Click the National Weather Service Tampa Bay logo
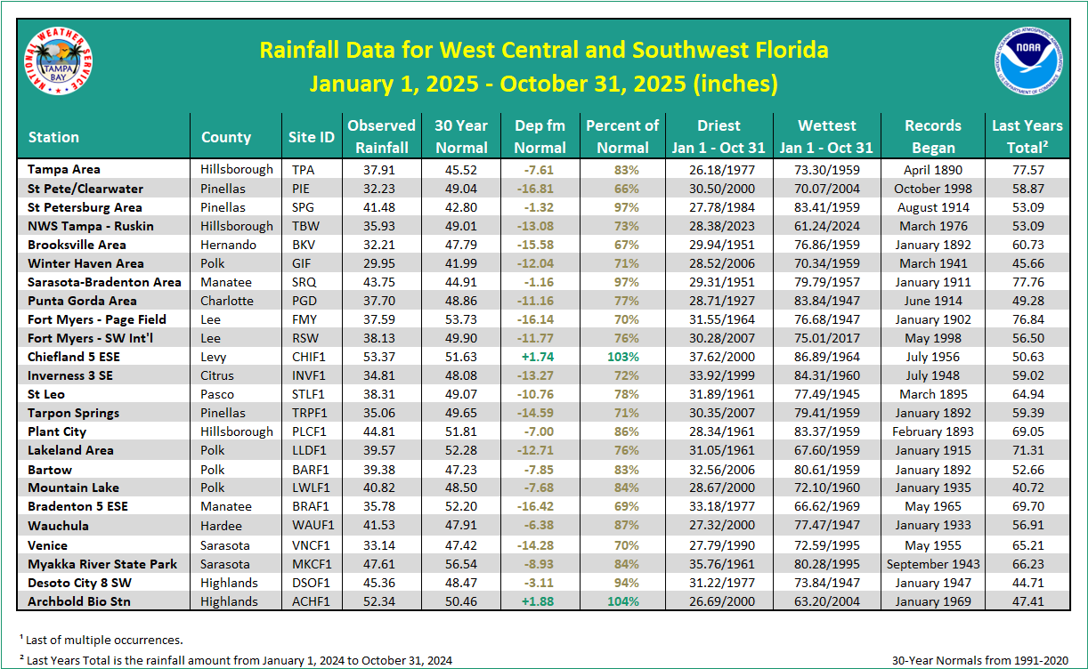59,64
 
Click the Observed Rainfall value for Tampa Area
381,169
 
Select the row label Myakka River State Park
102,564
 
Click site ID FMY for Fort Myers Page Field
304,319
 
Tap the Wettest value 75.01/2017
827,338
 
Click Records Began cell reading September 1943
933,564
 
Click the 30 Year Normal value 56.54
461,564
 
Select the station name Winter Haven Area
85,263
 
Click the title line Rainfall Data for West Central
543,50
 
